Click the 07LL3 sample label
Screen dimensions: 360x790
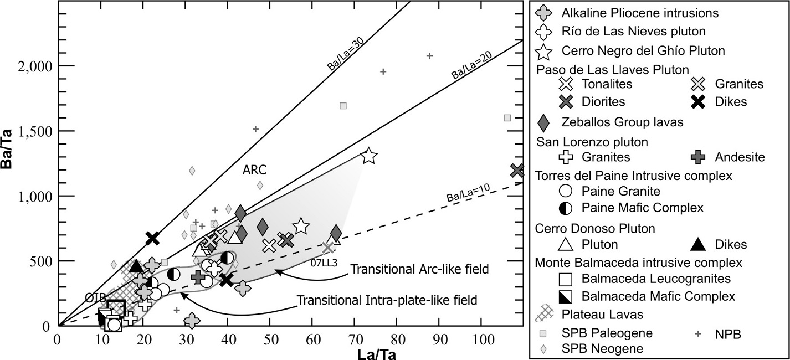click(325, 263)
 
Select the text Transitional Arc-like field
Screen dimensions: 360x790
click(419, 269)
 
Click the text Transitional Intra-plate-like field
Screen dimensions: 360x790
click(387, 300)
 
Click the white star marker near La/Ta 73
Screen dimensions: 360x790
click(369, 157)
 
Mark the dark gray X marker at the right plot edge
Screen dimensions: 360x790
click(517, 170)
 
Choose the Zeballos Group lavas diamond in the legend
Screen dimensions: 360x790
click(545, 121)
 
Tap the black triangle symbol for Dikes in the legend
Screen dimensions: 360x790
click(700, 244)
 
